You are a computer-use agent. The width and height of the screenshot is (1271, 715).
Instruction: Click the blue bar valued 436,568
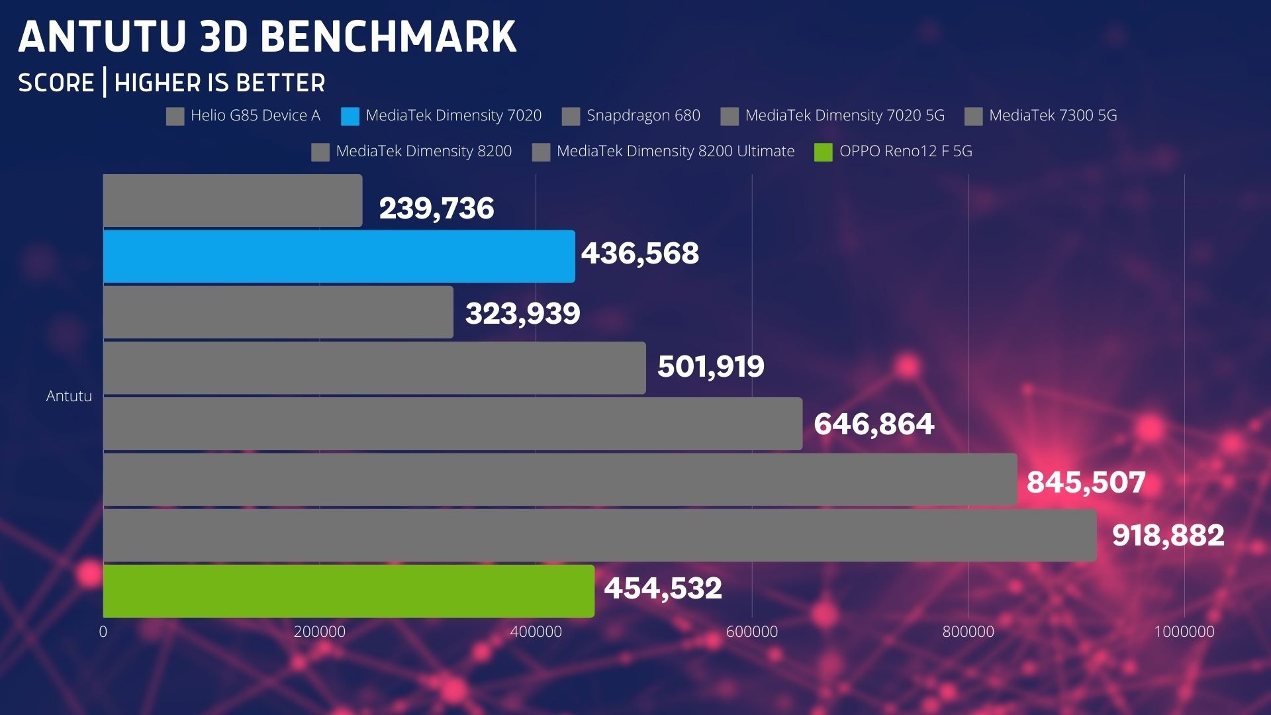[339, 256]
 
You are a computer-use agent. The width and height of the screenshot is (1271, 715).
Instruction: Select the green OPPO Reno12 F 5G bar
[349, 591]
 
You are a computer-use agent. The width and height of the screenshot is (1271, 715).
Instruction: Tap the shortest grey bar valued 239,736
[232, 201]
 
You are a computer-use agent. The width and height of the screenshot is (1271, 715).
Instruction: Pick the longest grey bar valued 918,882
[600, 535]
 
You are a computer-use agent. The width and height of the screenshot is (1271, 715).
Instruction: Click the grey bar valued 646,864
[453, 424]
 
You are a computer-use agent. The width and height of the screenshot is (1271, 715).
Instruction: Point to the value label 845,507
[1086, 482]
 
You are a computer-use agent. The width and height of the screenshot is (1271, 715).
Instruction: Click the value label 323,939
[522, 313]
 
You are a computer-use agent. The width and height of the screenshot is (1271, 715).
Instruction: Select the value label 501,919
[710, 366]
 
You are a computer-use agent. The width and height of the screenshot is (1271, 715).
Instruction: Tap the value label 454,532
[663, 588]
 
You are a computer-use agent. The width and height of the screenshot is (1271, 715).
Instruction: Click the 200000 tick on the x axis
[320, 632]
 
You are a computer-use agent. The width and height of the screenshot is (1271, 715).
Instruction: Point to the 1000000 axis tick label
[1184, 632]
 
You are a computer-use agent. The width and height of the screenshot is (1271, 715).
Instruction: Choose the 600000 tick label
[752, 632]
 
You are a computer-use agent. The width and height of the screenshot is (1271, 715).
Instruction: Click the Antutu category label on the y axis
[69, 396]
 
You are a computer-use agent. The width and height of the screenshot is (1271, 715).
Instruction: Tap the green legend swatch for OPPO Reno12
[823, 152]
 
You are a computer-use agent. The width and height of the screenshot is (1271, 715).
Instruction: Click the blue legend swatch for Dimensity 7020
[350, 117]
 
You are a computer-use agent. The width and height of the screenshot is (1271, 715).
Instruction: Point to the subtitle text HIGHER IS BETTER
[220, 83]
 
